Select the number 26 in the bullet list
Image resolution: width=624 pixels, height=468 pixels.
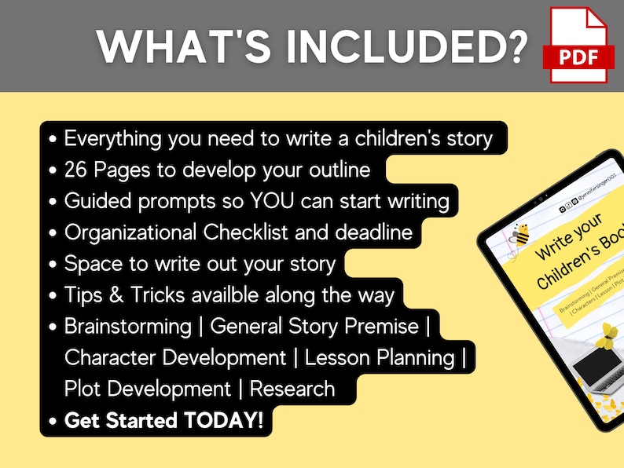tap(79, 170)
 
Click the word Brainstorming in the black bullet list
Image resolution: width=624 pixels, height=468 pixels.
tap(128, 326)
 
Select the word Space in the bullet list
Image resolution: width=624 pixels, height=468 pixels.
tap(94, 264)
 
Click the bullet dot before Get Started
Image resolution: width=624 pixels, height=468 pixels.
tap(53, 421)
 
